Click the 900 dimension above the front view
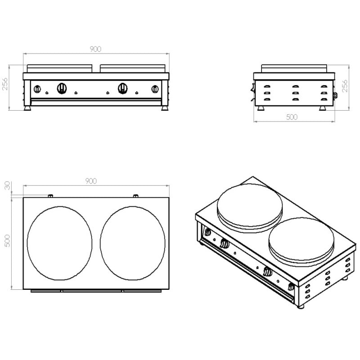95,49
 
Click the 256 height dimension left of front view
5,84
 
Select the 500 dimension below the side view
292,117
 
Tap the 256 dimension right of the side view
345,86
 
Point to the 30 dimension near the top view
7,185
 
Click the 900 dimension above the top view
91,181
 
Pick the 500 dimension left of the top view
7,241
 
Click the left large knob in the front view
62,88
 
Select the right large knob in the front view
123,88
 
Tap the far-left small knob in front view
37,89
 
